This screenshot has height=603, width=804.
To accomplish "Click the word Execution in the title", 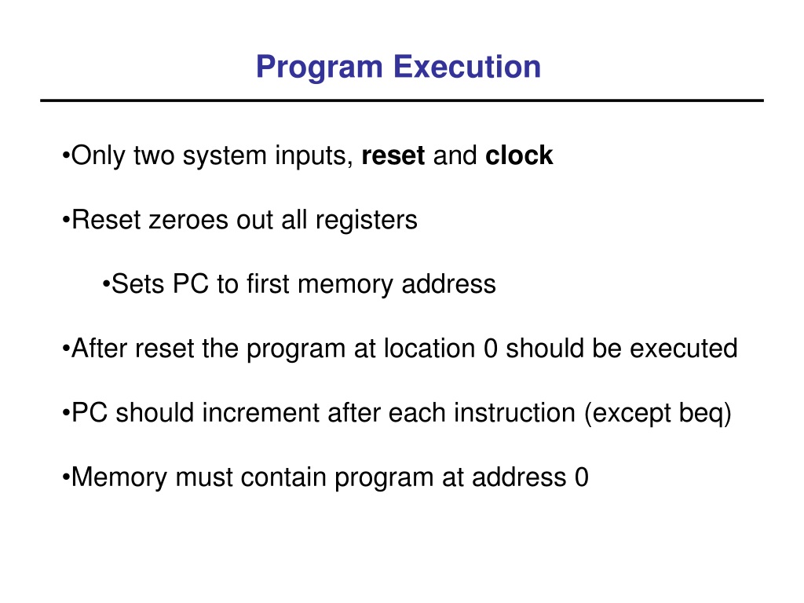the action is (467, 67).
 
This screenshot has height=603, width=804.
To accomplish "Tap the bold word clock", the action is (519, 155).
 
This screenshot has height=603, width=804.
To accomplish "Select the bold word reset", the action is (393, 156).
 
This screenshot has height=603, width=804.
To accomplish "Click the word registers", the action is (366, 221).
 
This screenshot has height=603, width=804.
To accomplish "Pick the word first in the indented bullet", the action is (268, 283).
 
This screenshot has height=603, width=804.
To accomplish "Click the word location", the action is (429, 348).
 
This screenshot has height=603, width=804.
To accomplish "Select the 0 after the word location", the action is (490, 349).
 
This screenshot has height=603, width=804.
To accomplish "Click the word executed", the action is (684, 348).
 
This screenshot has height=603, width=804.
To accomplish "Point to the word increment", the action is (261, 413).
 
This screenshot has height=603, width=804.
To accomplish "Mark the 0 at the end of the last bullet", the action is (582, 477).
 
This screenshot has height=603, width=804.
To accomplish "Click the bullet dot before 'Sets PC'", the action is (106, 284).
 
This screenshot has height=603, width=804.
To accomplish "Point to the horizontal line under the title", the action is (402, 100).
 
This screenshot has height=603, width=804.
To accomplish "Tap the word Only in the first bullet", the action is (97, 156).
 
